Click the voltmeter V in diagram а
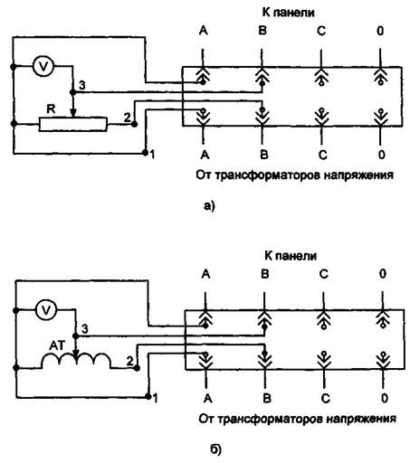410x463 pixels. point(43,66)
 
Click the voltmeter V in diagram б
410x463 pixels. point(46,310)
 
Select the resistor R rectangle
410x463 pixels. point(72,124)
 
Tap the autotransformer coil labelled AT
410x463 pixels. point(76,361)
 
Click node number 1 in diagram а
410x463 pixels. point(145,153)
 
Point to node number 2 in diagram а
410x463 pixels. point(135,124)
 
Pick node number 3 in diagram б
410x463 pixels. point(76,336)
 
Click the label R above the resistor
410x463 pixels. point(51,109)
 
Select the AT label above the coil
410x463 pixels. point(57,346)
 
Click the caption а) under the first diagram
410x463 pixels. point(209,206)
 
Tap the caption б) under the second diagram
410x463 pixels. point(215,449)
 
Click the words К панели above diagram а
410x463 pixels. point(288,13)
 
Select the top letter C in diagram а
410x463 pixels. point(321,31)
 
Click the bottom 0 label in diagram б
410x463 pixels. point(384,399)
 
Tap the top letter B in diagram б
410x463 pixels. point(264,274)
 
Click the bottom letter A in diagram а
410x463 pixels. point(205,155)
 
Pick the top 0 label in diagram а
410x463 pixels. point(380,31)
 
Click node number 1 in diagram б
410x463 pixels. point(148,396)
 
